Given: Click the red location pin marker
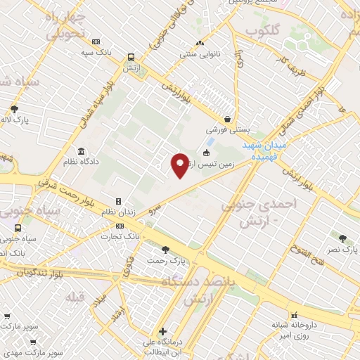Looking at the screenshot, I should (x=180, y=166).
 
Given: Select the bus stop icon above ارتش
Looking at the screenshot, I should (x=131, y=58).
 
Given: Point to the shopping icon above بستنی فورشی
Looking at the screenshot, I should (x=228, y=120).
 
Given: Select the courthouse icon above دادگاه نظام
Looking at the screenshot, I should (x=82, y=152).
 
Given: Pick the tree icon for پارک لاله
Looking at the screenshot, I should (x=15, y=108).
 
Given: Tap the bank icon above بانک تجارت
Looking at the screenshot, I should (x=120, y=226).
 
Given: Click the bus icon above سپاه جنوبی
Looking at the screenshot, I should (x=17, y=228).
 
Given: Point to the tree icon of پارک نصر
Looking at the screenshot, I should (x=342, y=239).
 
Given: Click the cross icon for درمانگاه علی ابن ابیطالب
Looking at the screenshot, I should (x=162, y=331).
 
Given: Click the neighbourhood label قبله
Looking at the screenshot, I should (x=75, y=296).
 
